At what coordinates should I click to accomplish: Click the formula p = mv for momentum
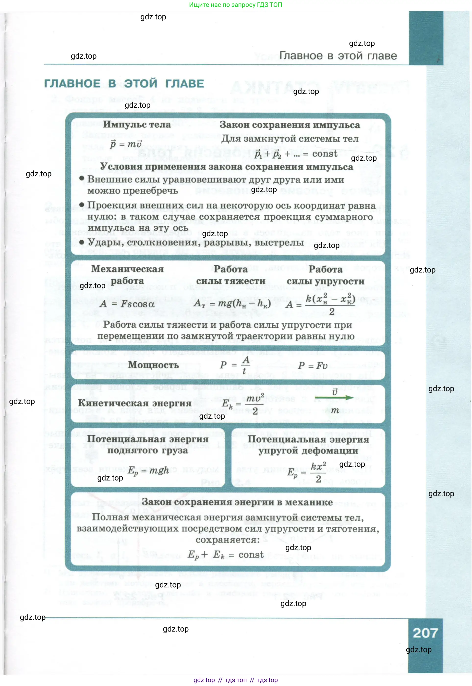click(126, 144)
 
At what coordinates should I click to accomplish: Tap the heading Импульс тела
click(137, 124)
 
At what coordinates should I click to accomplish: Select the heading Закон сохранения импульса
click(290, 125)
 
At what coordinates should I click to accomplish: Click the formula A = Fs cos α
click(127, 304)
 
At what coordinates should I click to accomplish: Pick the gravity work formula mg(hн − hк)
click(232, 303)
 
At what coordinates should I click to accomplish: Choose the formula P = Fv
click(313, 366)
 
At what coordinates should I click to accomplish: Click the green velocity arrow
click(334, 398)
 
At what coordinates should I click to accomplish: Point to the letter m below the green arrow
click(335, 410)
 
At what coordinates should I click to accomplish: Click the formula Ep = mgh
click(148, 470)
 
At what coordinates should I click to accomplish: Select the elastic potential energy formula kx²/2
click(307, 472)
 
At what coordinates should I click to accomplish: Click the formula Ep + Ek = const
click(225, 554)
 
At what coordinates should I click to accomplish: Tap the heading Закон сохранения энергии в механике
click(237, 502)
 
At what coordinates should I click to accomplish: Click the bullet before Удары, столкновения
click(82, 243)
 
